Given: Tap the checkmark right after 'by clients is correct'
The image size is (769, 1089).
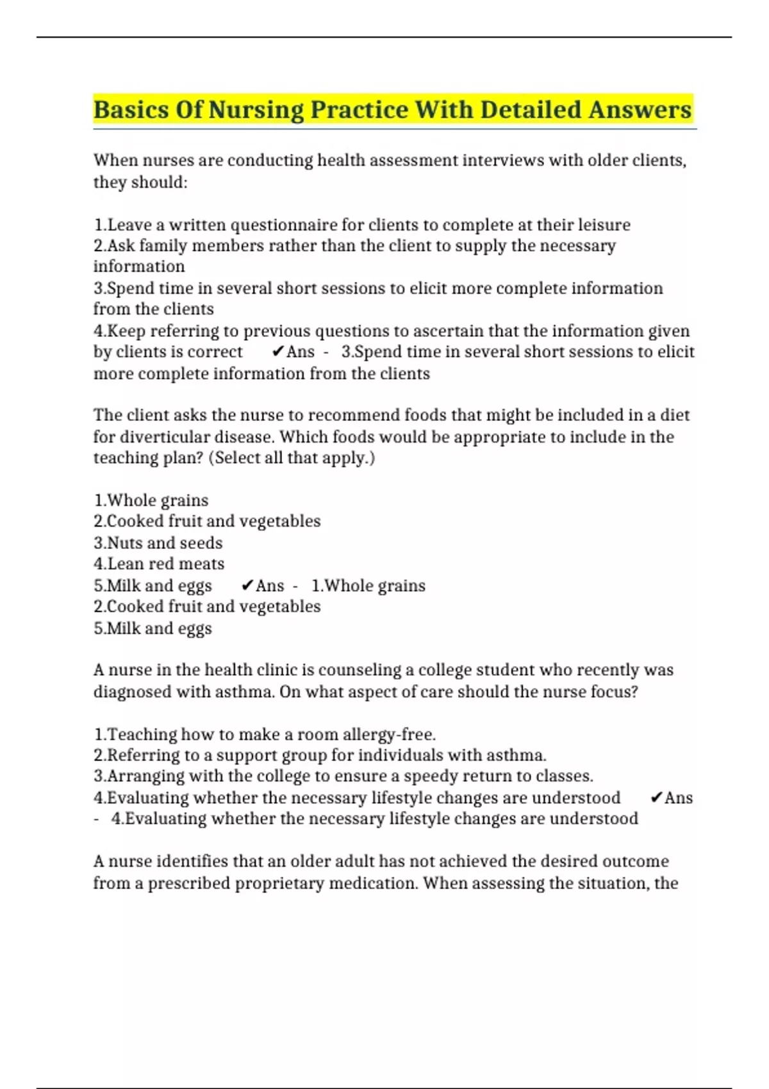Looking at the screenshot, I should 277,352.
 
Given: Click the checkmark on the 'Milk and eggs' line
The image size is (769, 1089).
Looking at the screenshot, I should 247,585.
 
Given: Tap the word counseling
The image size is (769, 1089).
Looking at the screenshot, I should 360,670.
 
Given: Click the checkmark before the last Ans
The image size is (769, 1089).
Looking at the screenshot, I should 656,798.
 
